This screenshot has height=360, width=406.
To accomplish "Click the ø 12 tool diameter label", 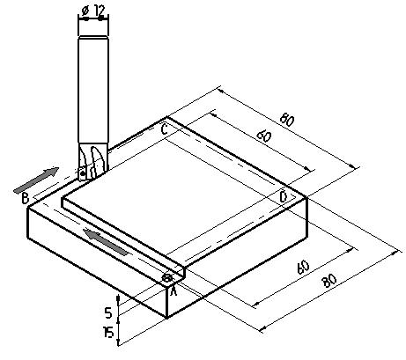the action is (92, 11).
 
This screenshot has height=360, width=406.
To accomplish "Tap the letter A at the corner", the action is (173, 290).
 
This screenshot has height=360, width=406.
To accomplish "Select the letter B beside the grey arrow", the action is (26, 198).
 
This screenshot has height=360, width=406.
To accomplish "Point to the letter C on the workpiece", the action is (165, 129).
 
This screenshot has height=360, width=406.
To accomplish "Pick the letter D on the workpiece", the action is (284, 196).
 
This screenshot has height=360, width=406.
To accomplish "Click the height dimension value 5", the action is (108, 313).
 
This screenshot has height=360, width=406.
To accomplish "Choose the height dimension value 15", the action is (108, 333).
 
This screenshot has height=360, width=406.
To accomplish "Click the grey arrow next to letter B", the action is (36, 180).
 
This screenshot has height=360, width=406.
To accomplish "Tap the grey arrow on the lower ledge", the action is (106, 242).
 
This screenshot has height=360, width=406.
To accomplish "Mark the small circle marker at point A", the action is (167, 277).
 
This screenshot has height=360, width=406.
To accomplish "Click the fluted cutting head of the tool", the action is (93, 161).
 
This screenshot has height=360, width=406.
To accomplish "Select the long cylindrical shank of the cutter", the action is (93, 90).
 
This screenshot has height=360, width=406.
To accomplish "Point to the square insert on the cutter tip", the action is (83, 173).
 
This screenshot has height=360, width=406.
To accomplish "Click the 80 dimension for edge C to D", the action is (287, 120).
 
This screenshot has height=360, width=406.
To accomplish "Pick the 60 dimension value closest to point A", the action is (303, 267).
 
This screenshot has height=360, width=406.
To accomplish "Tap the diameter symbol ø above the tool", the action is (85, 11).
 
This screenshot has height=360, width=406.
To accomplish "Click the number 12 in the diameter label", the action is (100, 11).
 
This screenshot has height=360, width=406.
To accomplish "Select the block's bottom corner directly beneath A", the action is (166, 318).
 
